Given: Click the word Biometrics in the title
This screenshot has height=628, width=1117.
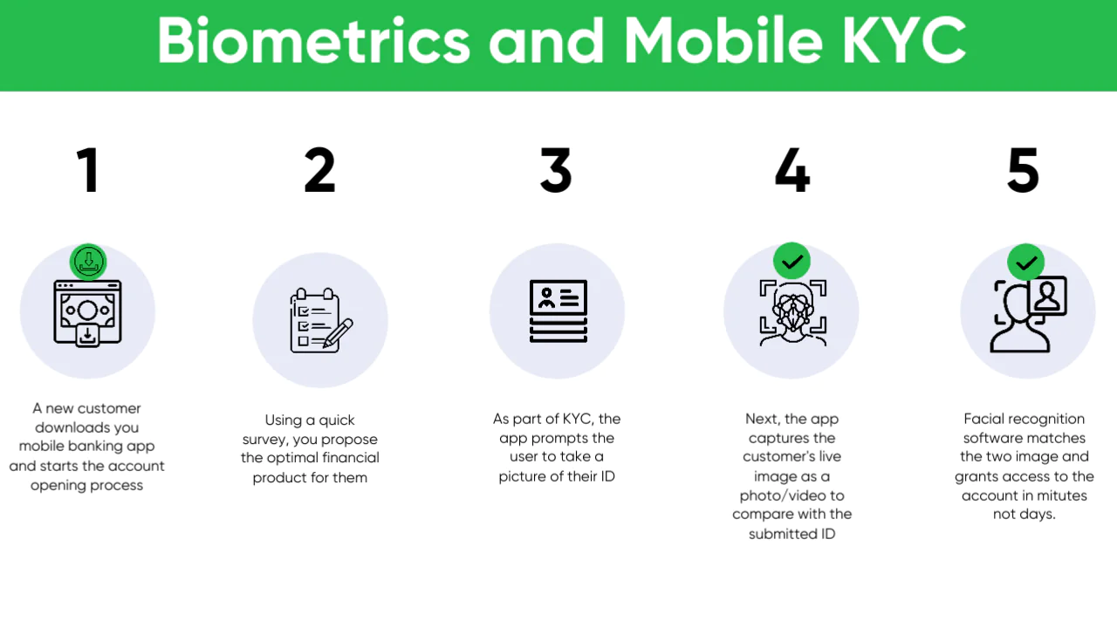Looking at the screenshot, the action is click(x=313, y=41).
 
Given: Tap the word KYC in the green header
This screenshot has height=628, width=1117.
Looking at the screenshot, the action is click(x=904, y=41).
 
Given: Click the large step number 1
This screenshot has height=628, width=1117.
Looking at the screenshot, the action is click(x=88, y=170).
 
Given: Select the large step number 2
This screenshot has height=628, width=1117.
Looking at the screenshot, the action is click(x=319, y=170).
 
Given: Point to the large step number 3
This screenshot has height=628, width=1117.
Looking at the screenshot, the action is click(x=556, y=170).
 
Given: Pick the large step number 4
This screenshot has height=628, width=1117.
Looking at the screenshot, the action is click(x=792, y=170).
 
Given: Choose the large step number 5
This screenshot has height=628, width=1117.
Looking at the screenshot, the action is click(x=1024, y=170).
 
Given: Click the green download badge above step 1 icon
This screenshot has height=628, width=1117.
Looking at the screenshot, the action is click(x=88, y=262).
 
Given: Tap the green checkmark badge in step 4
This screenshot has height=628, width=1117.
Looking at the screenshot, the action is click(x=791, y=261).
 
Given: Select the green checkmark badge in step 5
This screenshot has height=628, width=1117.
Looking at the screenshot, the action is click(x=1025, y=263).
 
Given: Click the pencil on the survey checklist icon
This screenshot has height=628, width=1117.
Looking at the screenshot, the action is click(x=338, y=333).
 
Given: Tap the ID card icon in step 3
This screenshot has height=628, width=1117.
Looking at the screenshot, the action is click(x=558, y=311).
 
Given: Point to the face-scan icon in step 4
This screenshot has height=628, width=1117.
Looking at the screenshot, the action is click(x=793, y=313).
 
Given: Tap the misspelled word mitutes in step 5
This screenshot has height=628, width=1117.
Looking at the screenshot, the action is click(x=1062, y=496).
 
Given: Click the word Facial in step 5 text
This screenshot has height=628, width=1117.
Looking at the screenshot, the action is click(x=982, y=419).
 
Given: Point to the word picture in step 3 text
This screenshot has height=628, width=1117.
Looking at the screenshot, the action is click(x=522, y=476).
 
